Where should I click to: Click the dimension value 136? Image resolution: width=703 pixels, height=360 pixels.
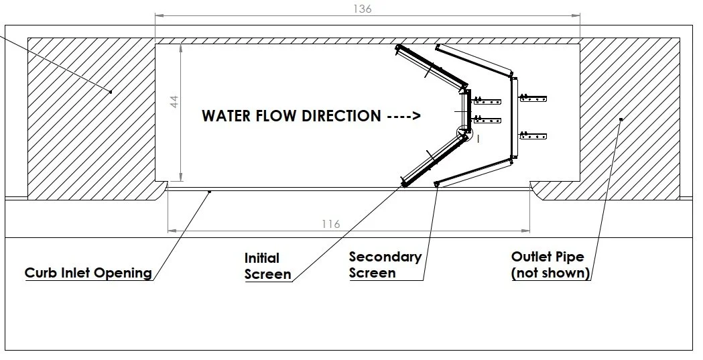(x=361, y=9)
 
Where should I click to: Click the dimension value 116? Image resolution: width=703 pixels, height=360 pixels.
(x=331, y=224)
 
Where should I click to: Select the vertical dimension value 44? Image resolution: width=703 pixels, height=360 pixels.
(x=174, y=103)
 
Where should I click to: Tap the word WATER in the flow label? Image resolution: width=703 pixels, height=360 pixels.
(x=226, y=116)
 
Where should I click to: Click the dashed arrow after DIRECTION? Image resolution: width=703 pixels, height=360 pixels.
(x=404, y=116)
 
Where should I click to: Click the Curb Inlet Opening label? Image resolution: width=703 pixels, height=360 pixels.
(x=88, y=273)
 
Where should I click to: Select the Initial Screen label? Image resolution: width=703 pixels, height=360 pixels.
(x=267, y=266)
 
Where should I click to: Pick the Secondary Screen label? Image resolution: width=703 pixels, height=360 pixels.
(x=385, y=265)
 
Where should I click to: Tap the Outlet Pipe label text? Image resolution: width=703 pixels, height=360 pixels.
(x=547, y=257)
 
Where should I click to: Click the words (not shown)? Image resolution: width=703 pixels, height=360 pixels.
(x=550, y=273)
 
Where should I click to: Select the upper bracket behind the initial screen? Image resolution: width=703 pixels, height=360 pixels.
(x=487, y=101)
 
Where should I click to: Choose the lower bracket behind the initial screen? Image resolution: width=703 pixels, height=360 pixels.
(x=487, y=121)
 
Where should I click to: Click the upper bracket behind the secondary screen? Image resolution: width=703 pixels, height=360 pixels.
(x=534, y=99)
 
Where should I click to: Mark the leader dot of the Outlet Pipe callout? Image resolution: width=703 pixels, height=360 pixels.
(x=621, y=119)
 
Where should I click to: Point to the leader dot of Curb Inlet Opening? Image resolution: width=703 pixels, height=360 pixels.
(x=209, y=192)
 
